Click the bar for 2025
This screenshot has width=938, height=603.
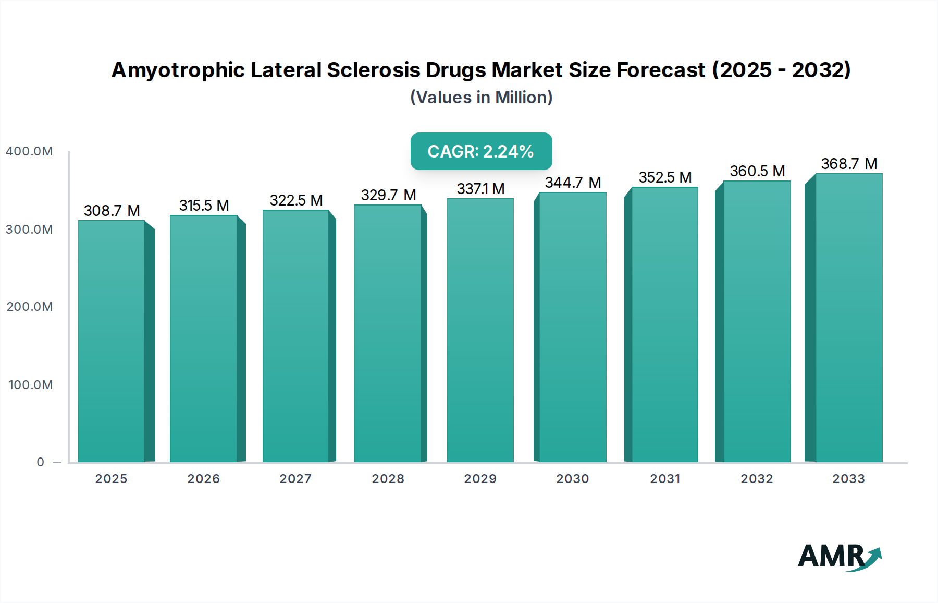pyautogui.click(x=112, y=342)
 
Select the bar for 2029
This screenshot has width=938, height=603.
pyautogui.click(x=480, y=331)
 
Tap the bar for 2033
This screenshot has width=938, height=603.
pyautogui.click(x=849, y=318)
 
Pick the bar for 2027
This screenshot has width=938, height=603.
pyautogui.click(x=295, y=336)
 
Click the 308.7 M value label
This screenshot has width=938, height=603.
pyautogui.click(x=112, y=211)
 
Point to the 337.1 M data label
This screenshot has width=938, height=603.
pyautogui.click(x=480, y=189)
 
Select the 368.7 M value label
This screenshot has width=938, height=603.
pyautogui.click(x=849, y=164)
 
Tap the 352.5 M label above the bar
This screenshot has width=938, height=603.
pyautogui.click(x=665, y=177)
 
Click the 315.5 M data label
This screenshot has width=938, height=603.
pyautogui.click(x=204, y=206)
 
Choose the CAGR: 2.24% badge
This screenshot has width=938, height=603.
pyautogui.click(x=481, y=151)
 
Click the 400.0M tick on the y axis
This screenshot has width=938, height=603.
pyautogui.click(x=29, y=151)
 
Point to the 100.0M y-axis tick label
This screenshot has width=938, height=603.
pyautogui.click(x=30, y=385)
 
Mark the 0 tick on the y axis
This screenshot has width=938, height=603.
pyautogui.click(x=41, y=462)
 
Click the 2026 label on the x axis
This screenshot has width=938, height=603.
pyautogui.click(x=204, y=479)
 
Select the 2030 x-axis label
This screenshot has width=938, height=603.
pyautogui.click(x=572, y=479)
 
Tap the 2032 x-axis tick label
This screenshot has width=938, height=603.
pyautogui.click(x=757, y=479)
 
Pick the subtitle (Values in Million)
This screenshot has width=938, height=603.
pyautogui.click(x=481, y=98)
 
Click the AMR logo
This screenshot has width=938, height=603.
pyautogui.click(x=840, y=557)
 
